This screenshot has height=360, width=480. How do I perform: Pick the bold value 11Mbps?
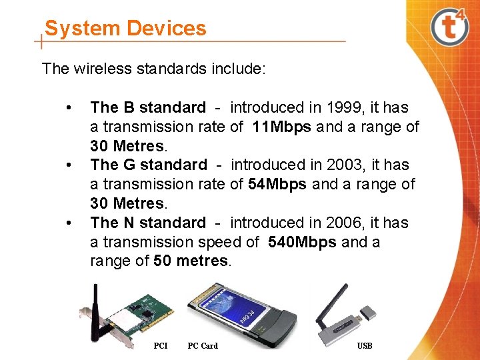pos(282,127)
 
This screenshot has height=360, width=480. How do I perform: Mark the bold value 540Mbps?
pos(302,242)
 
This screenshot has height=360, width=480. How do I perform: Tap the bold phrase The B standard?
pos(148,107)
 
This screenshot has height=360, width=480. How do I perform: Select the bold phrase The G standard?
pos(149,165)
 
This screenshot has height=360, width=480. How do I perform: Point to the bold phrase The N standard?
pos(148,223)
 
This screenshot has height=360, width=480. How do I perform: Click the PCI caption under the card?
pos(161,345)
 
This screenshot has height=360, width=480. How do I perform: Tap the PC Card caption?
pos(203,345)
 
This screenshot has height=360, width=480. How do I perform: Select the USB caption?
pos(365,345)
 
